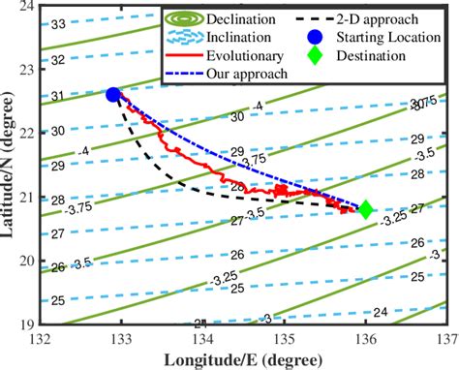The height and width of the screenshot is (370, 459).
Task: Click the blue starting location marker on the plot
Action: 113,94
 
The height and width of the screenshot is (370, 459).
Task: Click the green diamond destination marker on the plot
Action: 366,209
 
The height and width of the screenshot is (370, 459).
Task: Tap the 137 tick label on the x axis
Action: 446,338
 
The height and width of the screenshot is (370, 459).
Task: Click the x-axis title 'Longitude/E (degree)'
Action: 242,358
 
